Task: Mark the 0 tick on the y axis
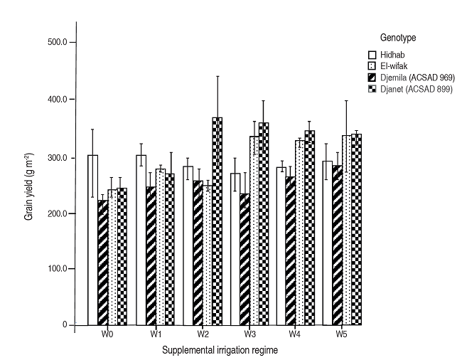(65, 325)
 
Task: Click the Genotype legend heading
(397, 36)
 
